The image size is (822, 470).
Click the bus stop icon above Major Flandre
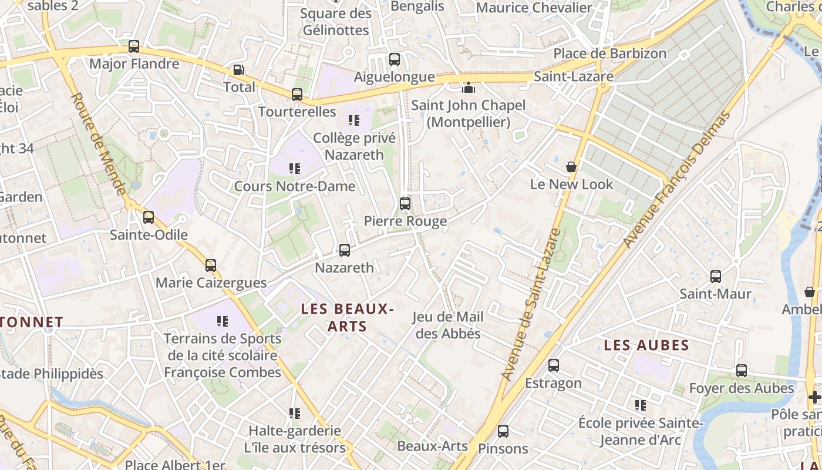click(x=134, y=46)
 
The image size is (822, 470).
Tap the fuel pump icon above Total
click(x=239, y=70)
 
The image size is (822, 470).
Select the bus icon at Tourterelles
click(x=297, y=95)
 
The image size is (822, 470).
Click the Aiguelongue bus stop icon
click(x=395, y=59)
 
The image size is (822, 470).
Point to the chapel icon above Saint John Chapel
click(x=469, y=88)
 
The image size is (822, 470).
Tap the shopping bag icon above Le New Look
click(x=571, y=167)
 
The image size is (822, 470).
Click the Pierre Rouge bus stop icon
click(x=405, y=204)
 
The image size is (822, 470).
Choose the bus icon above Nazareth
click(x=345, y=250)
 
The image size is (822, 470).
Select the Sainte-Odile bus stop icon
click(x=149, y=217)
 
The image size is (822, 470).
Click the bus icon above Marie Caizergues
click(x=211, y=266)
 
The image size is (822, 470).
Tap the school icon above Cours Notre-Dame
click(x=295, y=169)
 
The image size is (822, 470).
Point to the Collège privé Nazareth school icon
click(x=354, y=120)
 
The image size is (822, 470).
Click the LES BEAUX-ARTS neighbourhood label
click(x=347, y=317)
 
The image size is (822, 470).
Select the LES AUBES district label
click(x=646, y=345)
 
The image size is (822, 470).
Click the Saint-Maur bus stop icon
click(x=716, y=277)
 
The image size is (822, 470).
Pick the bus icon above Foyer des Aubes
click(x=742, y=371)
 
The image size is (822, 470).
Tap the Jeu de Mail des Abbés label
click(x=447, y=325)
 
